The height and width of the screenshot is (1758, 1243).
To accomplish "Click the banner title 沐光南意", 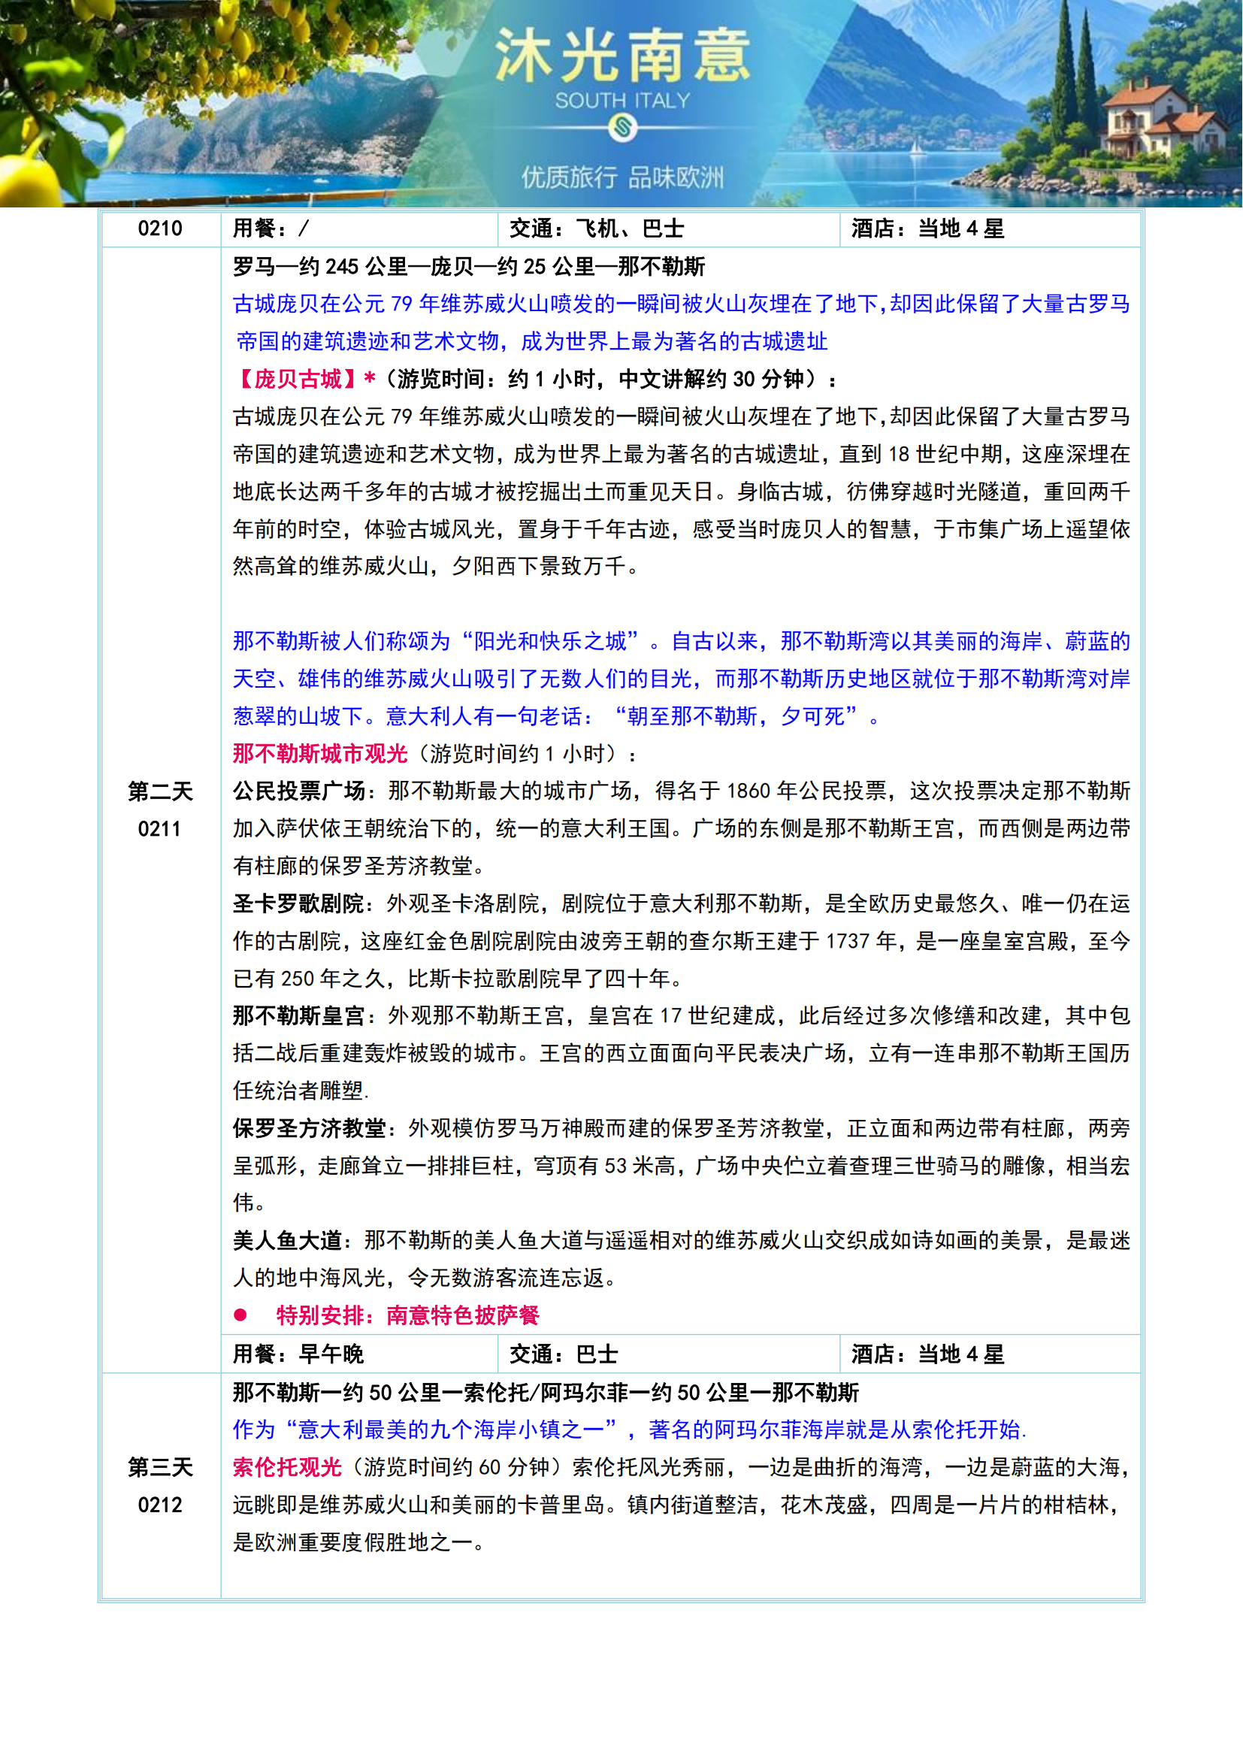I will pyautogui.click(x=621, y=55).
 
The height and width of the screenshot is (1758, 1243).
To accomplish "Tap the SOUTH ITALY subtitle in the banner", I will pyautogui.click(x=622, y=100).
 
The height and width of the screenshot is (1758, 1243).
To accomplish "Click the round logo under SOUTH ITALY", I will pyautogui.click(x=622, y=127).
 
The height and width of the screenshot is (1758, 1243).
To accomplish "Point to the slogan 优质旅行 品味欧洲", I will pyautogui.click(x=622, y=177).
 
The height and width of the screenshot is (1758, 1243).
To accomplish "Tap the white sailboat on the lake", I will pyautogui.click(x=915, y=147).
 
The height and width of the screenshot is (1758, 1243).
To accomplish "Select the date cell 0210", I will pyautogui.click(x=160, y=228).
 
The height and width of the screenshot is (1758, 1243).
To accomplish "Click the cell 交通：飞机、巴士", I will pyautogui.click(x=597, y=228).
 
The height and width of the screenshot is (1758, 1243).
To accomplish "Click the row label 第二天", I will pyautogui.click(x=160, y=791).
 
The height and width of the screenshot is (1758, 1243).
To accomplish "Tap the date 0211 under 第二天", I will pyautogui.click(x=160, y=828).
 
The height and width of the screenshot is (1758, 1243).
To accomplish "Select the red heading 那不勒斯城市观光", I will pyautogui.click(x=320, y=753).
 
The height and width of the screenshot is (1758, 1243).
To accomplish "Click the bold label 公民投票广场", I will pyautogui.click(x=298, y=791).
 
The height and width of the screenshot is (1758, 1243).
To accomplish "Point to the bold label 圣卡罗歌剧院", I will pyautogui.click(x=298, y=903).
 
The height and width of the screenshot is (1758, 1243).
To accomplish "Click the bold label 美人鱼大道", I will pyautogui.click(x=287, y=1240).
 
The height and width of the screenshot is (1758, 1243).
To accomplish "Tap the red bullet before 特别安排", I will pyautogui.click(x=240, y=1315).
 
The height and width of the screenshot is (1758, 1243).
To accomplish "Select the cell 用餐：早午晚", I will pyautogui.click(x=298, y=1354).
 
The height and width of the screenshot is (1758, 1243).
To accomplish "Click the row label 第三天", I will pyautogui.click(x=160, y=1467).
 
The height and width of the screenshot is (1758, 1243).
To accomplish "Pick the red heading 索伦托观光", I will pyautogui.click(x=287, y=1467).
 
